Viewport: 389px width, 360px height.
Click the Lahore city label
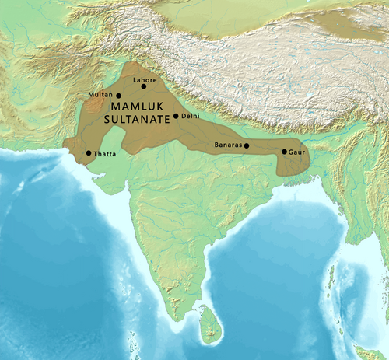click(145, 79)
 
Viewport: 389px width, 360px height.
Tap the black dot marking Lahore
click(143, 86)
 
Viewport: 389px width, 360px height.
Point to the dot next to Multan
click(118, 95)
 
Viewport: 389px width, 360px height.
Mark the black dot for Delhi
click(177, 116)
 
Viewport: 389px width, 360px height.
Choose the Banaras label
click(228, 145)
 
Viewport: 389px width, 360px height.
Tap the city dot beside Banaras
click(247, 145)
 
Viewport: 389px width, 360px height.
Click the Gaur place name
click(296, 152)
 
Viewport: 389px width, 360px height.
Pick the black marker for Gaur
click(284, 152)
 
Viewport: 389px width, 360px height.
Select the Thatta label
click(105, 154)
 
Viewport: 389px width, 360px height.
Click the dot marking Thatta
click(89, 153)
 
